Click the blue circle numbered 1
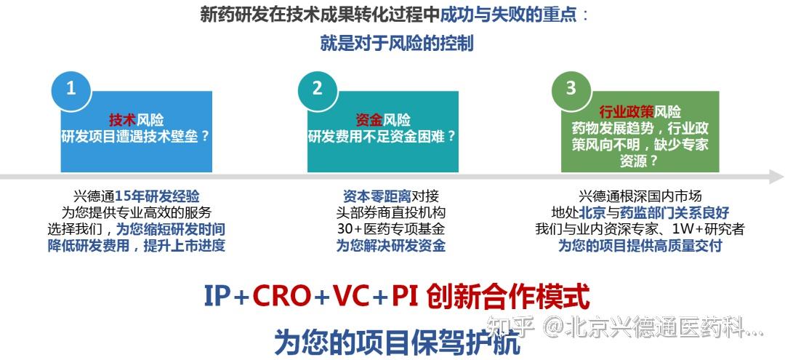tap(71, 89)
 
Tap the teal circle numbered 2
tap(317, 89)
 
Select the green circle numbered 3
tap(571, 89)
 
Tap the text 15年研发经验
tap(157, 196)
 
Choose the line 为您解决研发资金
tap(390, 245)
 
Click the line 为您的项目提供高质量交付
tap(640, 245)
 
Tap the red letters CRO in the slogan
tap(282, 296)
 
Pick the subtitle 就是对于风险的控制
tap(397, 43)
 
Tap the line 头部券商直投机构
tap(390, 212)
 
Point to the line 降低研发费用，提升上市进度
tap(144, 245)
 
